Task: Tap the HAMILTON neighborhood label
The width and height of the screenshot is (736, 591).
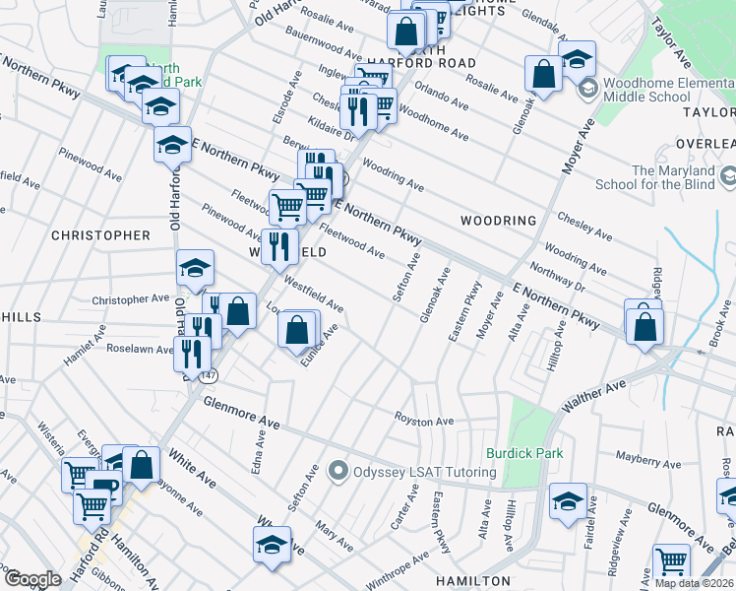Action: click(x=473, y=581)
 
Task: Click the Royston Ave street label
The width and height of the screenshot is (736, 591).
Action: click(x=424, y=421)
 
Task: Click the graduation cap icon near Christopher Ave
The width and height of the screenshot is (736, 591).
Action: click(x=195, y=268)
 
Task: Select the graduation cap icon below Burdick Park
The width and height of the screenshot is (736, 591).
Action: click(x=568, y=501)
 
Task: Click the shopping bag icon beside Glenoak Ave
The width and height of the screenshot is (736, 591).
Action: click(x=543, y=73)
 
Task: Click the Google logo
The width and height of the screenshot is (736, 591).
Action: click(x=32, y=579)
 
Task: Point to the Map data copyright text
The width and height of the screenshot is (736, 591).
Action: click(x=695, y=583)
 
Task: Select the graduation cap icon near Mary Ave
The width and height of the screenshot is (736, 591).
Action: click(x=273, y=545)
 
